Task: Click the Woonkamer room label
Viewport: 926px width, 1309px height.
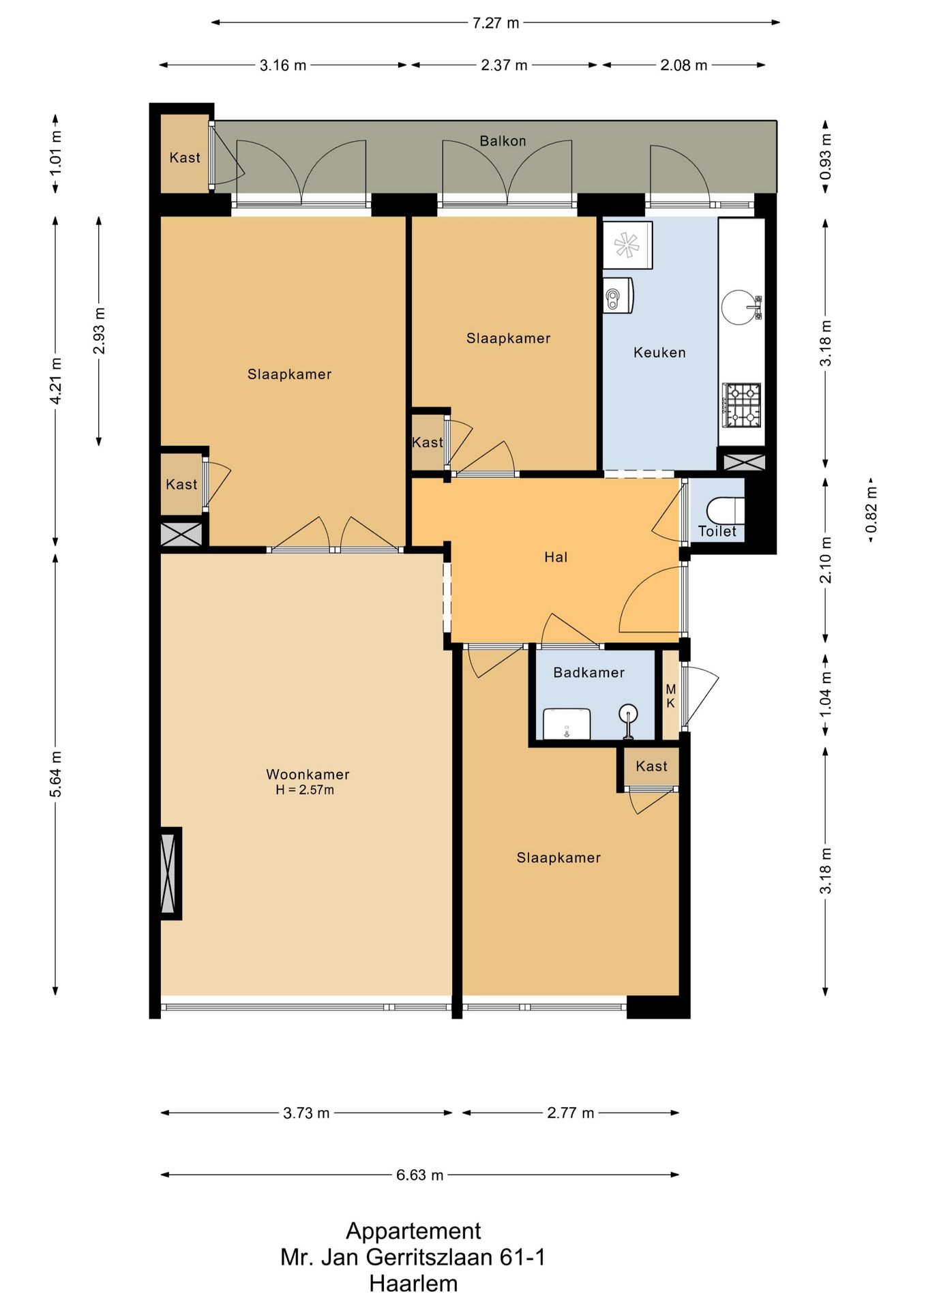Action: click(x=308, y=774)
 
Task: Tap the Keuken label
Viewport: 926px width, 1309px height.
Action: click(x=659, y=352)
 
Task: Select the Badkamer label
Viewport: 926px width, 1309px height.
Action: click(x=589, y=673)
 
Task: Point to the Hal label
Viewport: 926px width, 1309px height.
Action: click(x=556, y=557)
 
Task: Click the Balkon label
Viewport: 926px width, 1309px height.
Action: click(x=503, y=141)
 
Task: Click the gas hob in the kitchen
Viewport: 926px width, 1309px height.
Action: click(x=742, y=405)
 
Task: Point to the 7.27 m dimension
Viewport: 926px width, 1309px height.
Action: click(x=496, y=23)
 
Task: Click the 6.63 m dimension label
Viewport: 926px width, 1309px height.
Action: click(x=420, y=1175)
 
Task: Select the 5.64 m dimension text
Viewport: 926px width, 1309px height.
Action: click(x=56, y=774)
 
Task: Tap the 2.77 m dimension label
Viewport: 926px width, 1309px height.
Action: click(x=571, y=1113)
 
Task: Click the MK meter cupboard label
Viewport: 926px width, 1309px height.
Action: click(x=671, y=696)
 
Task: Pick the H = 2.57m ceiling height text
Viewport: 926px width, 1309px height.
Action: click(x=305, y=790)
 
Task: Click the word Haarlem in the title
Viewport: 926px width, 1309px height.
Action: click(x=413, y=1284)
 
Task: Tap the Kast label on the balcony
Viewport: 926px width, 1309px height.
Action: click(x=185, y=157)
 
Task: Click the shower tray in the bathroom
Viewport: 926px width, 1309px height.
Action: click(x=567, y=723)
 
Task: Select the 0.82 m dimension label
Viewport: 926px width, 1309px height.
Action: click(x=871, y=511)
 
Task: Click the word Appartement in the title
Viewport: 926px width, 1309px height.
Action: click(x=413, y=1231)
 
